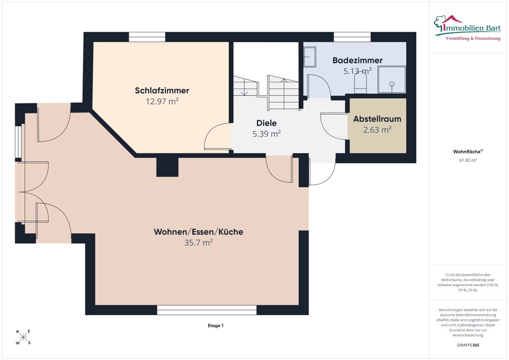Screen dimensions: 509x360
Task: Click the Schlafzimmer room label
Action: pyautogui.click(x=162, y=91)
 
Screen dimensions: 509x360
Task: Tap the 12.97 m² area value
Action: pyautogui.click(x=162, y=101)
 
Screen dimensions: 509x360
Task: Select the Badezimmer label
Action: pyautogui.click(x=357, y=61)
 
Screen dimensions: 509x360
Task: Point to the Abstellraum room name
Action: pyautogui.click(x=377, y=119)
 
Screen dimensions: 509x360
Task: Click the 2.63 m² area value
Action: pyautogui.click(x=377, y=130)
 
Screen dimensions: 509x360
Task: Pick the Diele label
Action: pyautogui.click(x=267, y=123)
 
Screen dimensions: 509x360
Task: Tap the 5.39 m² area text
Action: pyautogui.click(x=267, y=134)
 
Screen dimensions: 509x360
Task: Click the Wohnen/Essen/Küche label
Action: pyautogui.click(x=199, y=232)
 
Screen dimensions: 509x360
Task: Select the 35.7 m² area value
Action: pyautogui.click(x=199, y=242)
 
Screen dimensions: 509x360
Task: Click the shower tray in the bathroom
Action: pyautogui.click(x=392, y=80)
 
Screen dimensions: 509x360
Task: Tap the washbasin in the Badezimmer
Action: pyautogui.click(x=310, y=57)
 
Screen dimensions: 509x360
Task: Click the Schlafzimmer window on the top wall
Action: pyautogui.click(x=147, y=37)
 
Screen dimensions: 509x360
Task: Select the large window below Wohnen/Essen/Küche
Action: pyautogui.click(x=207, y=310)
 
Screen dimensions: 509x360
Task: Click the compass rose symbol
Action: pyautogui.click(x=23, y=337)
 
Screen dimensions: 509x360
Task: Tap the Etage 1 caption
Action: pyautogui.click(x=216, y=325)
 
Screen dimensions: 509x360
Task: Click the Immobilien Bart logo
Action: pyautogui.click(x=467, y=28)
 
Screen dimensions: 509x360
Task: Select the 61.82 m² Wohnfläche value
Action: pyautogui.click(x=468, y=160)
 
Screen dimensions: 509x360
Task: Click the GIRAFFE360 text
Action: pyautogui.click(x=468, y=345)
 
